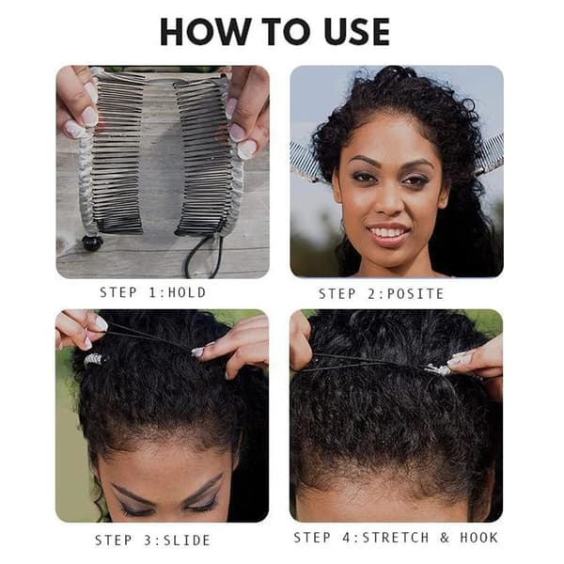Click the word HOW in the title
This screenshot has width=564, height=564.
point(205,31)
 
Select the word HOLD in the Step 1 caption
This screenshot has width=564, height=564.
point(187,292)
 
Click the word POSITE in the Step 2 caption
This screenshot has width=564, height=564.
point(415,294)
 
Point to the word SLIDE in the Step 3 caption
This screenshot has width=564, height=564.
point(187,540)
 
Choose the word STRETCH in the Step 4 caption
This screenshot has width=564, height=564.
point(396,538)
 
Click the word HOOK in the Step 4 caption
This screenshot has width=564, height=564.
point(478,538)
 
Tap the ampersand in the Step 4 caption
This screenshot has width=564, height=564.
point(445,538)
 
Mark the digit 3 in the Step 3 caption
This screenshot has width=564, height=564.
point(148,540)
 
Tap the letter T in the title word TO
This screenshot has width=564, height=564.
point(274,31)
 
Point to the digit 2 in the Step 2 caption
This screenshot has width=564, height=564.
point(371,294)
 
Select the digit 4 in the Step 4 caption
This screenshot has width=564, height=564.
point(347,538)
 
